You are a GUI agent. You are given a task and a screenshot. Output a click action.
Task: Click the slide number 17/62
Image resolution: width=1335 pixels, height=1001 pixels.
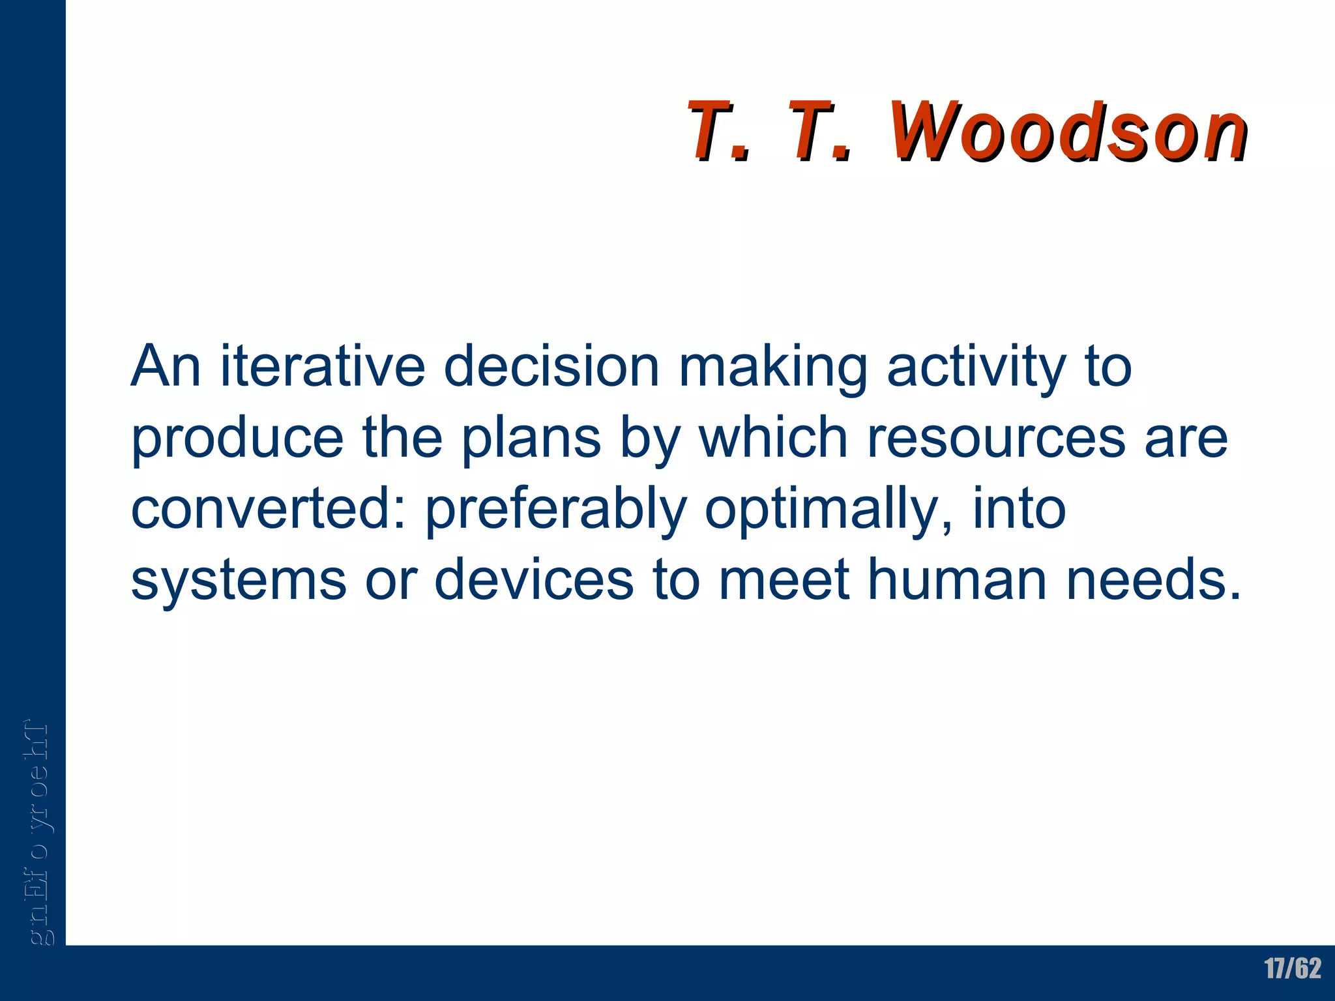pos(1293,968)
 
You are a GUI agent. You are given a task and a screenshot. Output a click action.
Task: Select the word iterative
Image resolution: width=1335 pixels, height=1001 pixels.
pos(323,366)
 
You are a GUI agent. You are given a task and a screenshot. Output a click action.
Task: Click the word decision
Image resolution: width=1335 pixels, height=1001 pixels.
pos(551,366)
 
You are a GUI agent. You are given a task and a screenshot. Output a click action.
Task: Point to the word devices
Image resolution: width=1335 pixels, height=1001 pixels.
pos(534,579)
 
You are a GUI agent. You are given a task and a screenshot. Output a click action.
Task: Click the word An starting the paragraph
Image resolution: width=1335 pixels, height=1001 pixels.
pos(166,366)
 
